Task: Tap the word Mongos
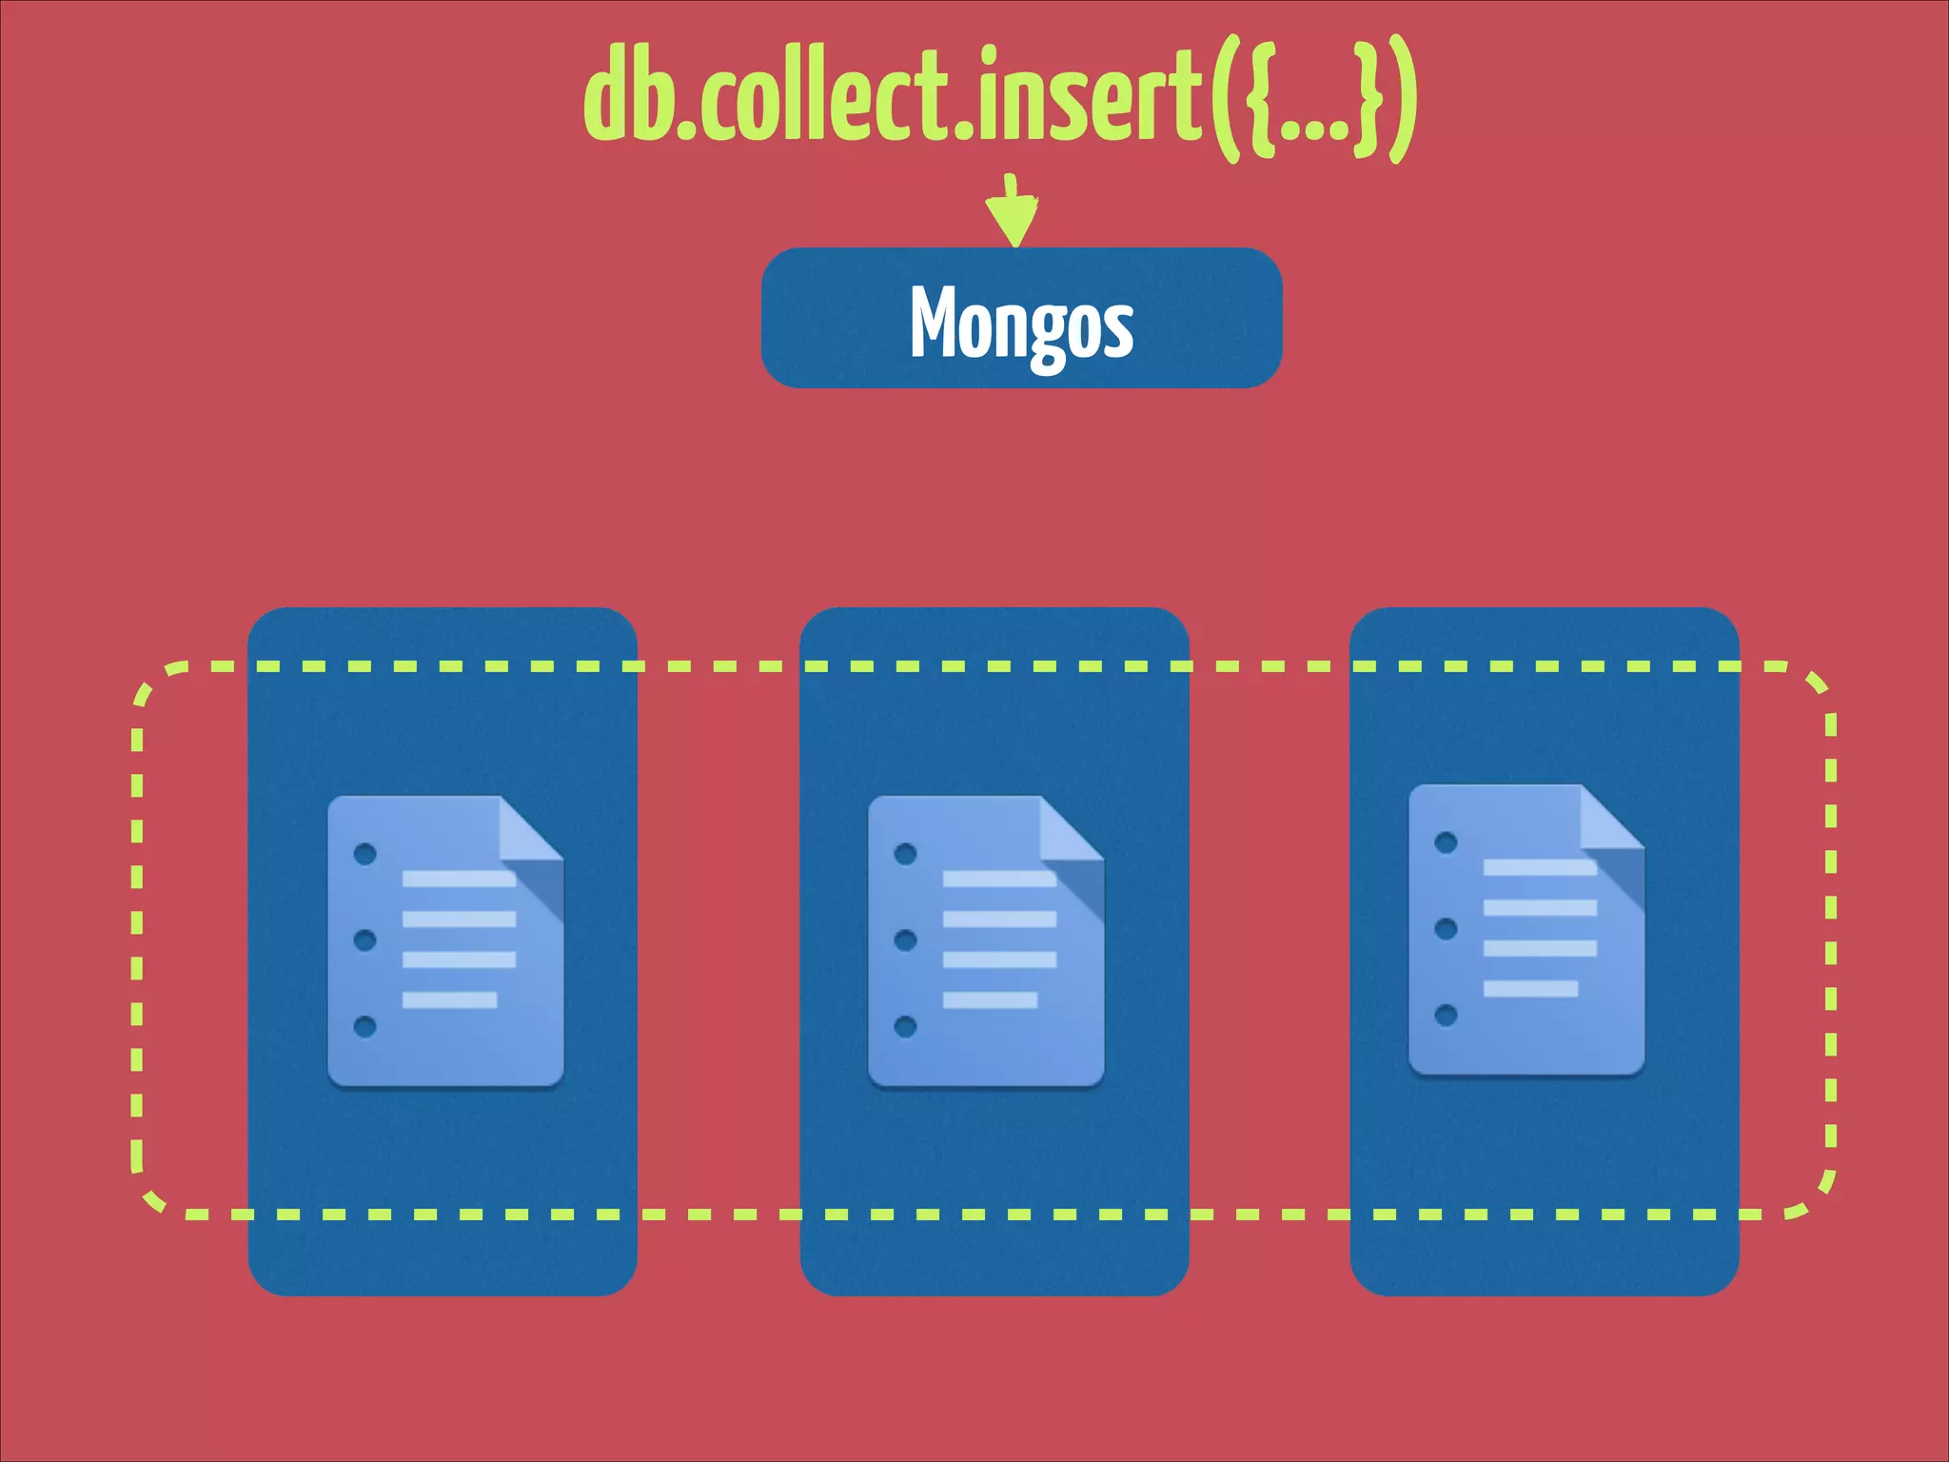[1021, 322]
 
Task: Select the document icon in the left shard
[445, 940]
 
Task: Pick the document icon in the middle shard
[986, 940]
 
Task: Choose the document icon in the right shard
[1526, 930]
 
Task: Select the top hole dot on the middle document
[905, 854]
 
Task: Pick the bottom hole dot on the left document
[364, 1026]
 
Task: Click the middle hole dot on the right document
[1446, 929]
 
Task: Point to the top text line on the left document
[459, 879]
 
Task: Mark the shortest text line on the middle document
[990, 1000]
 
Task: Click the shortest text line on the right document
[1530, 989]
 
